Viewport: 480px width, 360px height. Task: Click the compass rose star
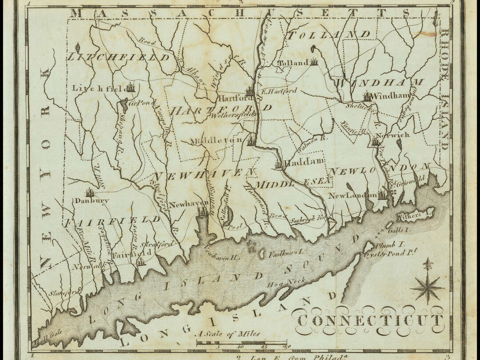click(x=428, y=288)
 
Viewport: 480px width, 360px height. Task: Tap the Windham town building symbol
click(x=367, y=96)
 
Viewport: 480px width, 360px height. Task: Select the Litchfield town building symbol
click(x=130, y=88)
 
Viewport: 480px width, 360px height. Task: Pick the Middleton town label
click(x=216, y=140)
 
